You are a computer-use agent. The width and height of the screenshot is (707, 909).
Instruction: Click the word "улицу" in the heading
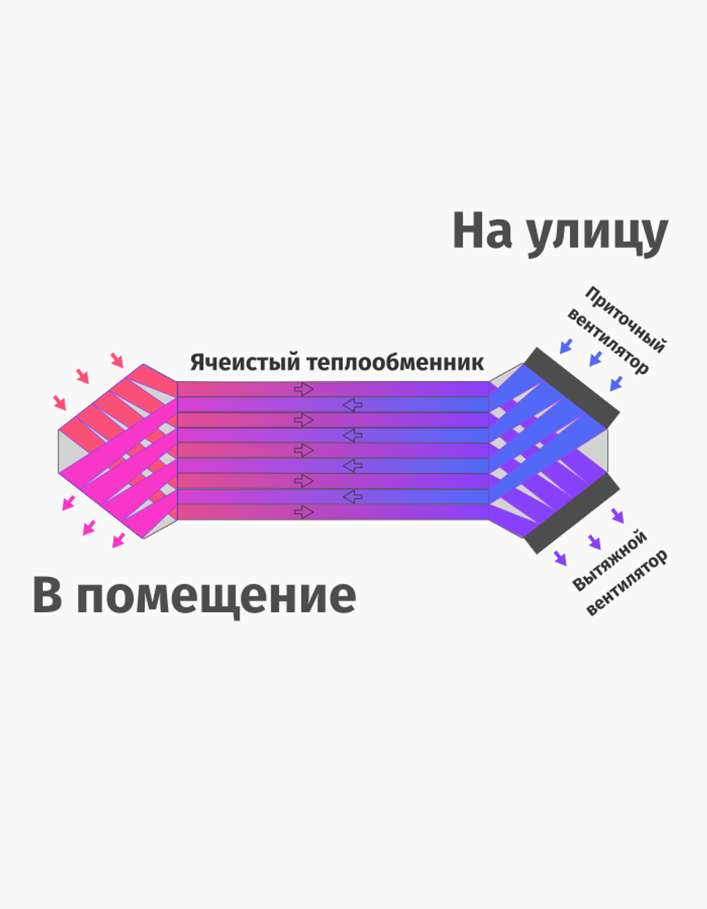coord(597,233)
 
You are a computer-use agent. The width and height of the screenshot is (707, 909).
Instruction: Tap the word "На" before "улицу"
coord(481,230)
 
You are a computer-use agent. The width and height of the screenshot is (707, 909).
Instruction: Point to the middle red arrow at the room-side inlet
coord(83,376)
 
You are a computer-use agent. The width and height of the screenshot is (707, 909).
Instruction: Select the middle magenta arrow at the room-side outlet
coord(89,527)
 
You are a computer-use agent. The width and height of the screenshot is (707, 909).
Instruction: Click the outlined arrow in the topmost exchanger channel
coord(304,389)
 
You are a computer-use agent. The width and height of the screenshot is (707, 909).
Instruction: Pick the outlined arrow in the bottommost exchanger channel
coord(304,511)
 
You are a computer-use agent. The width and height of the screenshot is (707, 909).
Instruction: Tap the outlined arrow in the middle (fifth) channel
coord(304,450)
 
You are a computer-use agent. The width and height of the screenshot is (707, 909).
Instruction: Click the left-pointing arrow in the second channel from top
coord(352,404)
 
